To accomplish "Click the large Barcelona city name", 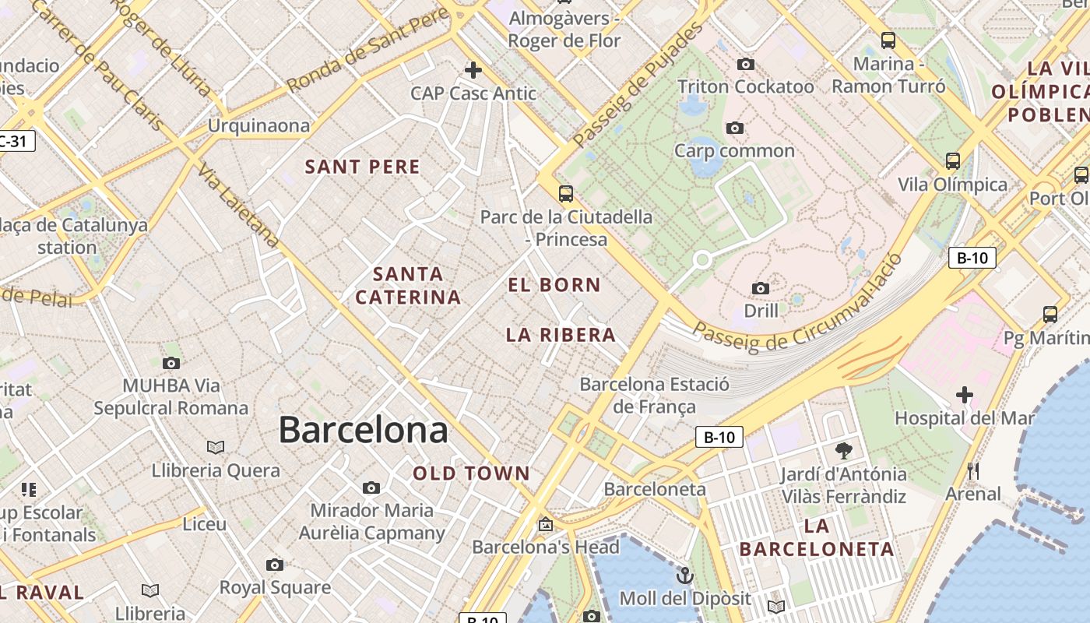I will pos(363,430).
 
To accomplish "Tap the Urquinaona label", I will pos(258,125).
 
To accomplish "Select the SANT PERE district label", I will pos(362,167).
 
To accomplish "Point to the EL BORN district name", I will pos(554,285).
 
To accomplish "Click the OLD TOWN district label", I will pos(471,473).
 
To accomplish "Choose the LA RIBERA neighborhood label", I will pos(561,335).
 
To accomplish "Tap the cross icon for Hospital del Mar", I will pos(965,395).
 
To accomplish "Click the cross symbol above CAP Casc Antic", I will pos(473,70).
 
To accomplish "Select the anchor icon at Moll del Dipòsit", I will pos(685,575).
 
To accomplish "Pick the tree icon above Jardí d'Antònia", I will pos(843,450).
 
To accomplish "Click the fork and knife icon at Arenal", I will pos(972,470).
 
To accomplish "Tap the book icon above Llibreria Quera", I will pos(216,447).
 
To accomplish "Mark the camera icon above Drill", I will pos(761,288).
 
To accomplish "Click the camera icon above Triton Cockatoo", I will pos(746,64).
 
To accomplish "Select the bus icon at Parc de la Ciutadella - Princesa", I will pos(566,194).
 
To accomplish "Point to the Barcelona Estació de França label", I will pos(654,395).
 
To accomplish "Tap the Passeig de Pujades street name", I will pos(637,86).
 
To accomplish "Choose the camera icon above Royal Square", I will pos(275,565).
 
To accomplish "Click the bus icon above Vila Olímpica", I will pos(952,161).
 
